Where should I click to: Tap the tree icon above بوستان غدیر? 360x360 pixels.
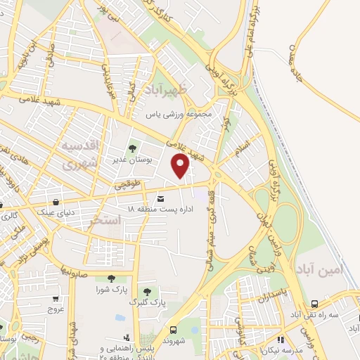click(x=131, y=148)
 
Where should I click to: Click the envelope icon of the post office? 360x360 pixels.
click(x=161, y=198)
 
